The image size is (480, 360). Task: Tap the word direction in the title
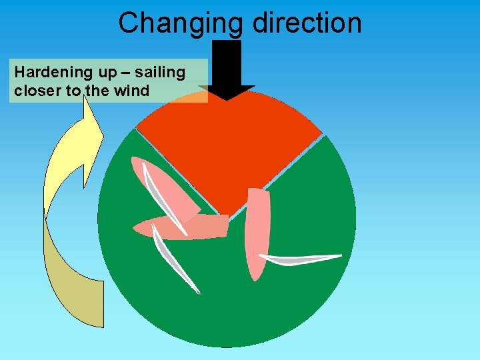307,23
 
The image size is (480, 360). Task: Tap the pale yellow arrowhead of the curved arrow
87,133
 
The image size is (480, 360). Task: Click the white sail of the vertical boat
300,259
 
